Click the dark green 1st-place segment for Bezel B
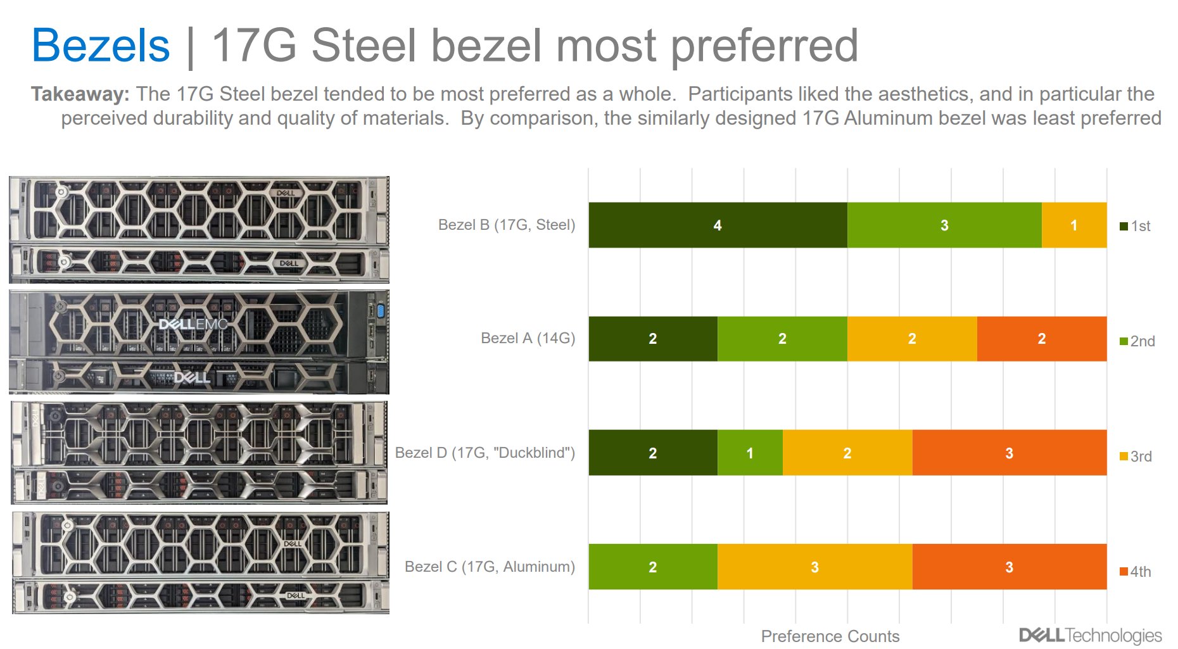click(x=718, y=225)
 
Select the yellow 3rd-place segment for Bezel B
click(x=1073, y=225)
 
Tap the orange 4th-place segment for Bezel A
click(x=1041, y=339)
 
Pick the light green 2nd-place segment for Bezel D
click(x=750, y=453)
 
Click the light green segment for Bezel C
click(x=652, y=567)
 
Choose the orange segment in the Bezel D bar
click(x=1009, y=453)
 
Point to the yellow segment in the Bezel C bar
click(x=814, y=567)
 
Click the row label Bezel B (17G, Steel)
click(x=506, y=225)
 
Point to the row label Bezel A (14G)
click(x=528, y=338)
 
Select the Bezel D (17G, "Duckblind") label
click(x=484, y=453)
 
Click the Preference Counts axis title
click(x=830, y=636)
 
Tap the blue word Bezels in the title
click(x=101, y=46)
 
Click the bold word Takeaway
click(x=80, y=94)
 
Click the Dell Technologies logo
click(x=1090, y=635)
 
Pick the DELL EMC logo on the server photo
click(x=193, y=325)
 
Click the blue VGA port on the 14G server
click(x=380, y=310)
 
